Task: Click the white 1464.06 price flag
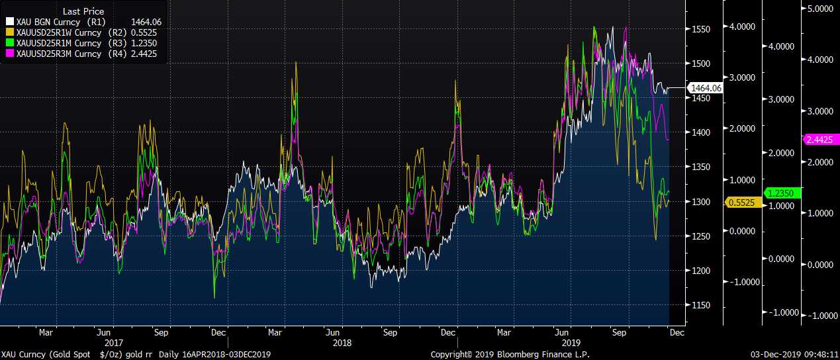tap(706, 87)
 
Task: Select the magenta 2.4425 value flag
tap(821, 140)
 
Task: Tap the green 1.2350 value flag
tap(783, 193)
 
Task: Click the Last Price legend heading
tap(83, 11)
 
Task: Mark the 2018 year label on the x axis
tap(342, 343)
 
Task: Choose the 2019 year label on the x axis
tap(571, 343)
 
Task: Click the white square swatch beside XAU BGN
tap(10, 22)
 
